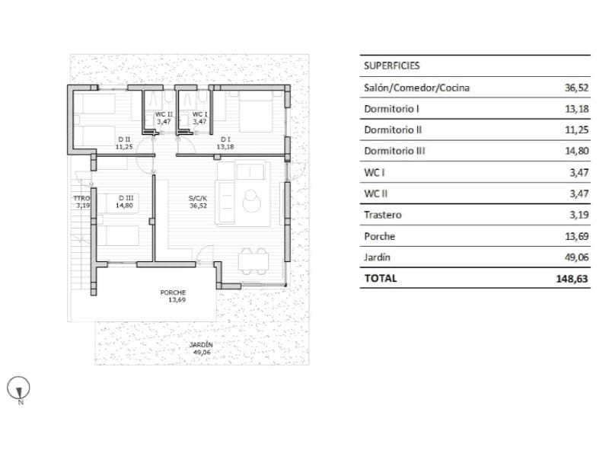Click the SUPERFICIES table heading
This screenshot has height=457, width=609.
tap(391, 66)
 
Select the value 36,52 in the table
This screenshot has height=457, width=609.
tap(577, 88)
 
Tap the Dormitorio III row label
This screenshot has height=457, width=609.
tap(394, 151)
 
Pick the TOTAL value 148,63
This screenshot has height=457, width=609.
tap(574, 279)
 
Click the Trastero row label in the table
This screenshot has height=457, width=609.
tap(382, 215)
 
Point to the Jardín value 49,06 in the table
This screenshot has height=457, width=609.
tap(577, 257)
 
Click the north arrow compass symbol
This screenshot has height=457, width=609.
tap(18, 388)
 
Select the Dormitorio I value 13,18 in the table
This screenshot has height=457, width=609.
tap(577, 109)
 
